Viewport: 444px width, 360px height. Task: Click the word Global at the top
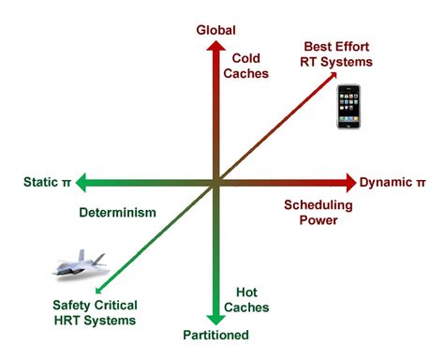point(215,30)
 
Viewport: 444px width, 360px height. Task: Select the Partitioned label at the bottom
point(216,336)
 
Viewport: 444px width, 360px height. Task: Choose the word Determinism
point(116,213)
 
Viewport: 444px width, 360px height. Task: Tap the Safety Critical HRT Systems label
point(95,313)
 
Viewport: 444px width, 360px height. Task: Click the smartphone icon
point(349,106)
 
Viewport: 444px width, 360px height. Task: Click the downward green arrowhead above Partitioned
point(216,317)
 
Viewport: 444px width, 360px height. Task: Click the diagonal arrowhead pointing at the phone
point(335,82)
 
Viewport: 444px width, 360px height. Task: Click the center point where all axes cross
point(216,182)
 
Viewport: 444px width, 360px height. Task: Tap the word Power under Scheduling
point(318,221)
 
